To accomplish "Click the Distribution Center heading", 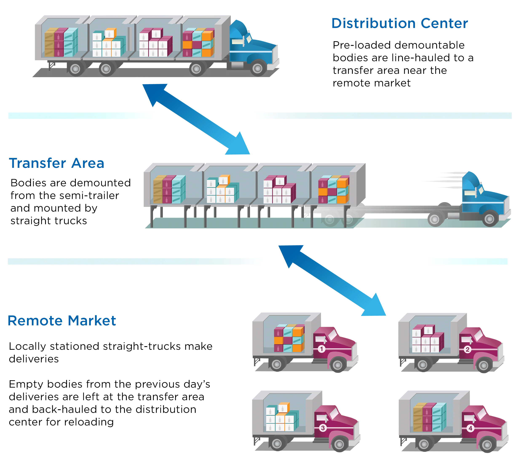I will (399, 23).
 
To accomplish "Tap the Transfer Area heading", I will (57, 163).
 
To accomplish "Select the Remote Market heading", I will (62, 321).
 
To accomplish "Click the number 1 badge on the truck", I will (321, 349).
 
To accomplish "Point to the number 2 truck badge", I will (467, 349).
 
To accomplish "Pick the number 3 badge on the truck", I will (323, 428).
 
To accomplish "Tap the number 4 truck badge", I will (470, 428).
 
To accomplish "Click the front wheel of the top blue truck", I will (258, 68).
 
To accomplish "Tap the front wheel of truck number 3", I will (339, 444).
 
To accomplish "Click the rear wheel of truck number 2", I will (423, 365).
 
